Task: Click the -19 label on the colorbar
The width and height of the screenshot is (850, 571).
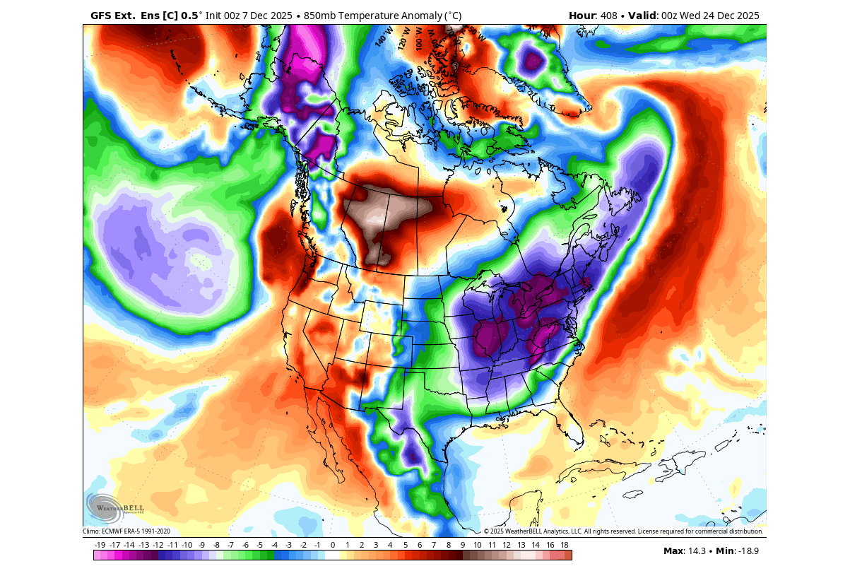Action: point(100,545)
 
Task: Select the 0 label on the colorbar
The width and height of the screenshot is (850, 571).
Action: point(333,545)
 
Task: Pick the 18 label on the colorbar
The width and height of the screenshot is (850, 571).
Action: point(565,545)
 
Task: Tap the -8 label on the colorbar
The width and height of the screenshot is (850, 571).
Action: point(216,545)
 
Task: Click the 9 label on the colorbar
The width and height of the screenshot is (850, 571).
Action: point(463,545)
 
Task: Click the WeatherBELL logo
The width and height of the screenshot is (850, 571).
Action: point(114,508)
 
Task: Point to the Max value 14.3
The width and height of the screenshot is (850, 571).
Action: point(696,551)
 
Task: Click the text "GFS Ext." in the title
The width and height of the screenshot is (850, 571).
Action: point(113,15)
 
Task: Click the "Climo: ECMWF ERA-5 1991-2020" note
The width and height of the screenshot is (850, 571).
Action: point(126,531)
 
